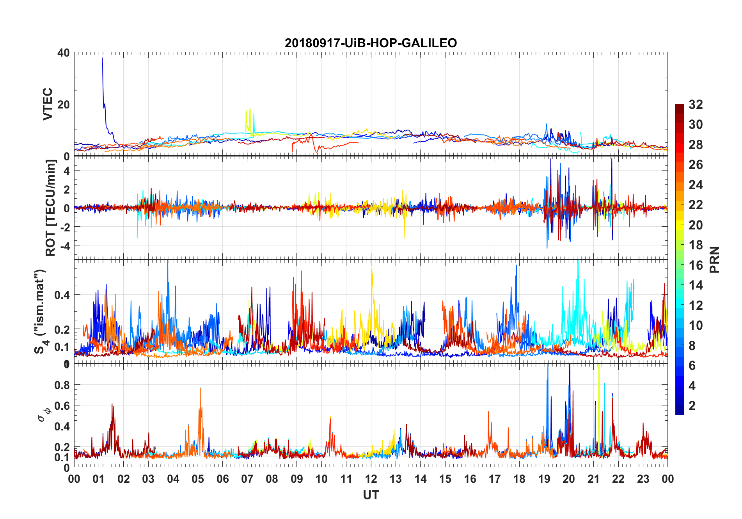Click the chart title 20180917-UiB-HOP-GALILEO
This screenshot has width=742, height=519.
(371, 43)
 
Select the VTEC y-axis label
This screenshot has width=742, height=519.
(48, 104)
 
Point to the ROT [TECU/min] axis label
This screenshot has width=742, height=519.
(51, 208)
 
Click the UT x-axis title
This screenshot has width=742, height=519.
(371, 495)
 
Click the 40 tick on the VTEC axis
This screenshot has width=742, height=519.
(64, 53)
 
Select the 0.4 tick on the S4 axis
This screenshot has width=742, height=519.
(62, 295)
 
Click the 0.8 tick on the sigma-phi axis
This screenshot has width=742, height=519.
(62, 385)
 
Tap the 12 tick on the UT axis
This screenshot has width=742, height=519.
(371, 479)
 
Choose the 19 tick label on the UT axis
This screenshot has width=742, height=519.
(544, 479)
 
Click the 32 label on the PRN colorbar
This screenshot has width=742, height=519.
(696, 105)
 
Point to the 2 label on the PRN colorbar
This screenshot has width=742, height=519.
(692, 406)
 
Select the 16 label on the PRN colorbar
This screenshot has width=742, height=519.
(696, 265)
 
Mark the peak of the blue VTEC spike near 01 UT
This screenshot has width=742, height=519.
(102, 58)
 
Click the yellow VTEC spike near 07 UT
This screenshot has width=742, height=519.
(250, 109)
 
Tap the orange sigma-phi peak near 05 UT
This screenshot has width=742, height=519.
(200, 388)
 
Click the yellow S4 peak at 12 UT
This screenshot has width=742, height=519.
(372, 269)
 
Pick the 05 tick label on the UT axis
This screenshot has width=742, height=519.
(198, 479)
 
